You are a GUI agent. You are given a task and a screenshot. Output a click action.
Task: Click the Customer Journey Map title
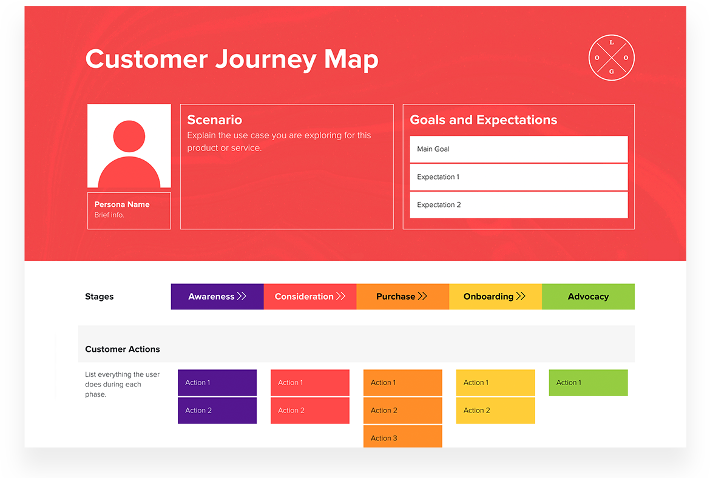[232, 59]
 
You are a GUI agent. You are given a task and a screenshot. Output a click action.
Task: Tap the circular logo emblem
[611, 58]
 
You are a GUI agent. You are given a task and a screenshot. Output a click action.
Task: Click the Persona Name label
[122, 204]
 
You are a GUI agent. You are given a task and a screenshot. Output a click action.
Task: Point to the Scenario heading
[214, 120]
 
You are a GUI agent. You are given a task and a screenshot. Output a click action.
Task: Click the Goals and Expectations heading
[483, 120]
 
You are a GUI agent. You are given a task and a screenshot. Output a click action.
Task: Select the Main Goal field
[518, 149]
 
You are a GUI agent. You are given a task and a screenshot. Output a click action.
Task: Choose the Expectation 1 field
[518, 177]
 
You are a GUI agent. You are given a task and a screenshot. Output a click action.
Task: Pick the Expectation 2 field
[518, 205]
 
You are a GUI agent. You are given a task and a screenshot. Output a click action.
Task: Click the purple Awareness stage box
[217, 297]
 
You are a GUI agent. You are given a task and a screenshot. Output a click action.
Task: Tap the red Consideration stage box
[310, 297]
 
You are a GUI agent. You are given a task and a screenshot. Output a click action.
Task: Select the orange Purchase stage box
[402, 297]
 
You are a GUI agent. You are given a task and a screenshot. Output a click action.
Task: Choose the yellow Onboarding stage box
[495, 297]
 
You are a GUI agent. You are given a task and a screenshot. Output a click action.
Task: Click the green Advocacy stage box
[588, 297]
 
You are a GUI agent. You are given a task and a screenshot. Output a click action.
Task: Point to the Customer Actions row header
[123, 349]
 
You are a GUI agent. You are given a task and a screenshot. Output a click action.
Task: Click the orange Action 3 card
[402, 437]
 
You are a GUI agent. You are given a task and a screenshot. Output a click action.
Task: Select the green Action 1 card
[588, 383]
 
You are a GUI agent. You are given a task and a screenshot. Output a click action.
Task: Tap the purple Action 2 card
[217, 411]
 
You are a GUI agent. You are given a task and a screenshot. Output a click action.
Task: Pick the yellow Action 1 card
[495, 383]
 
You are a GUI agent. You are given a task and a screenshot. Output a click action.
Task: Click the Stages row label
[100, 297]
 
